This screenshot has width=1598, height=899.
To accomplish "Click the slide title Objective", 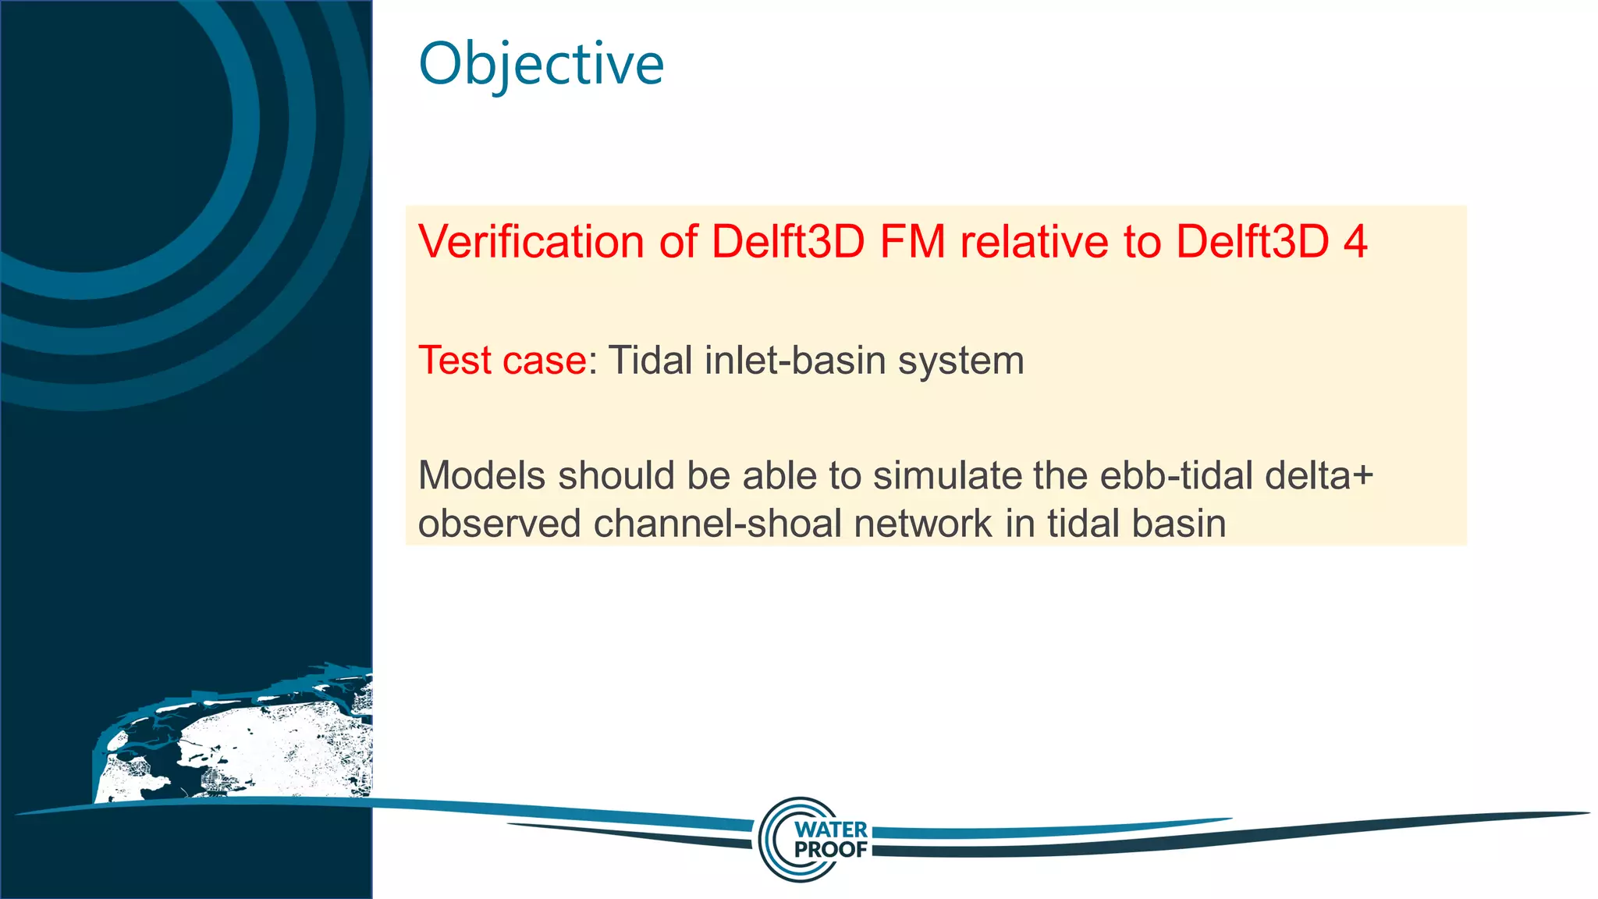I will pyautogui.click(x=541, y=64).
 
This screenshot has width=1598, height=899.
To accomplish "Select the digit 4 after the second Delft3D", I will pyautogui.click(x=1355, y=241).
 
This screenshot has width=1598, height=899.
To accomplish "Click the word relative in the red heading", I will pyautogui.click(x=1034, y=241).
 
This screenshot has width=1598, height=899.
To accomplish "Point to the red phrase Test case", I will pyautogui.click(x=502, y=361).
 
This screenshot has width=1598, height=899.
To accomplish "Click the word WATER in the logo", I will pyautogui.click(x=830, y=830).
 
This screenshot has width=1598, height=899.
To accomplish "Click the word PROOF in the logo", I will pyautogui.click(x=830, y=850).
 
